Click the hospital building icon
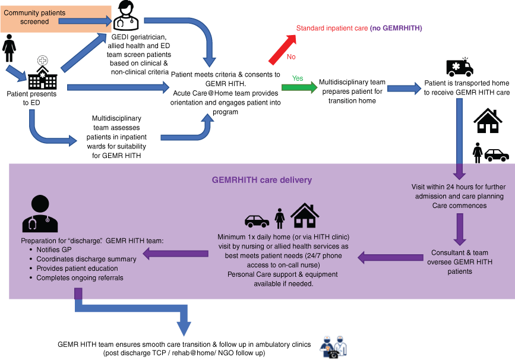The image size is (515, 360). tap(42, 74)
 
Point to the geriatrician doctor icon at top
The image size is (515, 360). tap(126, 15)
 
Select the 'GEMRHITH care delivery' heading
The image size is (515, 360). tap(262, 179)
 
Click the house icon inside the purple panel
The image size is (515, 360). tap(304, 216)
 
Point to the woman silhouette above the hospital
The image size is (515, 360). tap(10, 48)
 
